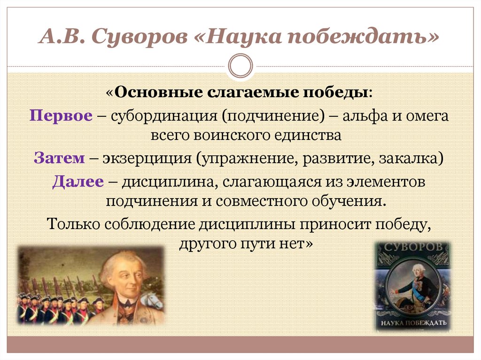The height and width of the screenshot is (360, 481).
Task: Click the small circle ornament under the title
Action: [x=240, y=65]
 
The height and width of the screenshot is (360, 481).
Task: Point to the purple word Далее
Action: [x=78, y=181]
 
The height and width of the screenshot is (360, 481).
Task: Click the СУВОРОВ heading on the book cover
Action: [x=412, y=247]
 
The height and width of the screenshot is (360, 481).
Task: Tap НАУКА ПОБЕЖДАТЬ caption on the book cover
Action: [x=412, y=324]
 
